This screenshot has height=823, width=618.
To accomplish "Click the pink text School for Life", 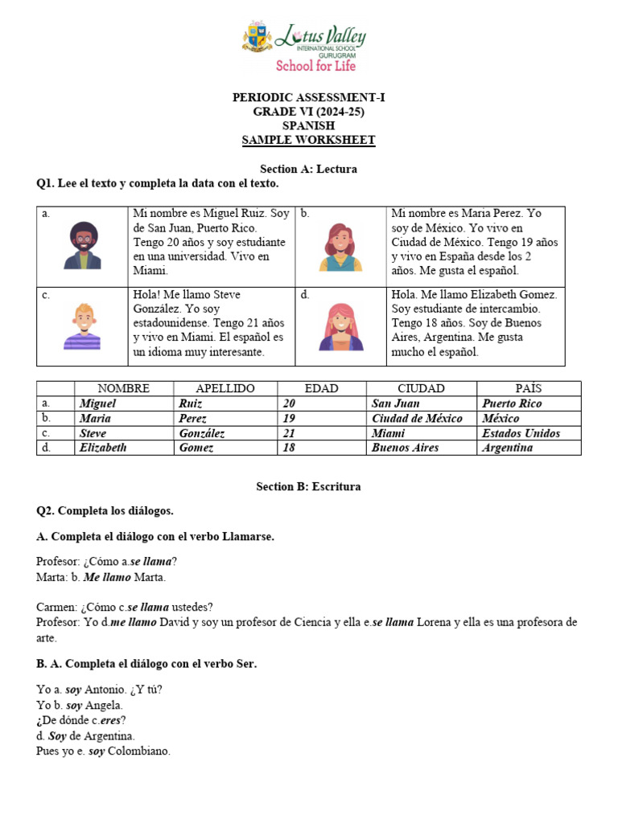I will click(315, 65).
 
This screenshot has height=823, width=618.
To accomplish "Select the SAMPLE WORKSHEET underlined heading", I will click(309, 141).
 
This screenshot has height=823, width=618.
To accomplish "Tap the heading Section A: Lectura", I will click(308, 170).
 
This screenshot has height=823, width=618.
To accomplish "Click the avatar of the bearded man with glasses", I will click(82, 244).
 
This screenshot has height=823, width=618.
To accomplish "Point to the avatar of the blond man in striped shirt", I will click(82, 326).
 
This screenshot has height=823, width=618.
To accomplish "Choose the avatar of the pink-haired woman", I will click(341, 326).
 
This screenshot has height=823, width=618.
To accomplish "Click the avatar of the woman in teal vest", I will click(341, 247).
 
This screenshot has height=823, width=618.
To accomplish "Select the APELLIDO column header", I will click(225, 388).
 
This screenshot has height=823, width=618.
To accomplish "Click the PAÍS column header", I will click(529, 388).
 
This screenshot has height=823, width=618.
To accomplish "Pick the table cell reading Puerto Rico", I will click(512, 403).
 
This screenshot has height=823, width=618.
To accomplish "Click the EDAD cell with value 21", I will click(288, 433).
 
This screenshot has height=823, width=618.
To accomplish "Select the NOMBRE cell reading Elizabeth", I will click(103, 448).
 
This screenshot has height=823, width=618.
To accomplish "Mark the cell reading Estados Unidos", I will click(521, 433).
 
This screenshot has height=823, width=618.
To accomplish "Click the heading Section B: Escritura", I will click(308, 486).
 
